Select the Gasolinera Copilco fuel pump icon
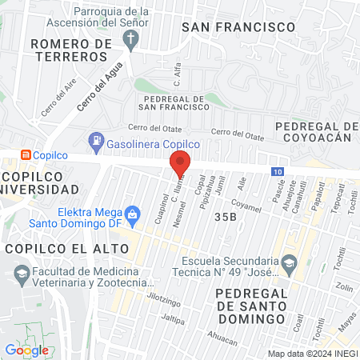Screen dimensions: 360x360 tap(97, 142)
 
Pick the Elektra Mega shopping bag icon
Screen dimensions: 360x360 tap(133, 214)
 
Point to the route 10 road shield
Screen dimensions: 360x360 tap(276, 171)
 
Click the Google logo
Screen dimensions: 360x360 tap(26, 350)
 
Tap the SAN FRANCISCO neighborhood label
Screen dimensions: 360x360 tap(238, 27)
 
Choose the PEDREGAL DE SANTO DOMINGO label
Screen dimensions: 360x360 tap(251, 306)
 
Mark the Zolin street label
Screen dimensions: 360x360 tap(344, 287)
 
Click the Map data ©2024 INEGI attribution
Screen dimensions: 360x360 tap(312, 353)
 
